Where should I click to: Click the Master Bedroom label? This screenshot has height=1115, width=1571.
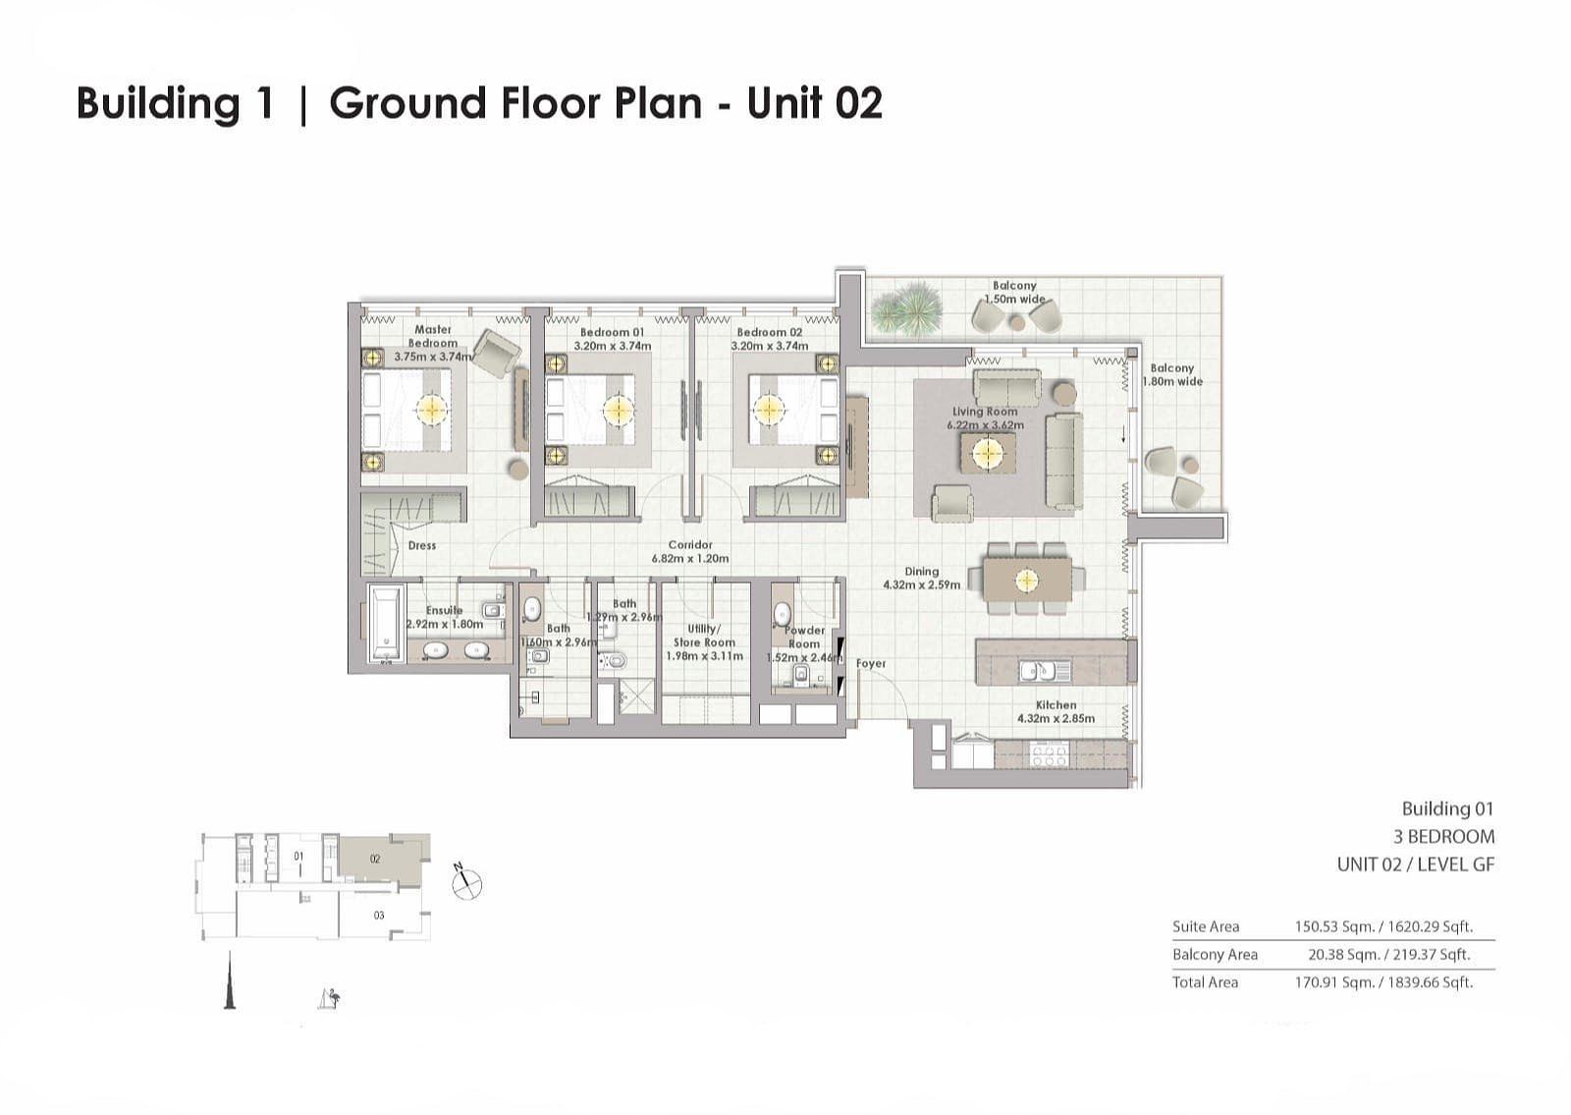click(433, 336)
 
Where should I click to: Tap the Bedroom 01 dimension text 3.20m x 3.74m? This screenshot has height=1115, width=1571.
click(612, 346)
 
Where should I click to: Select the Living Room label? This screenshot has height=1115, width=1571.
click(985, 413)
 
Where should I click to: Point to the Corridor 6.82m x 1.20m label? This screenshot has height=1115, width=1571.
click(690, 551)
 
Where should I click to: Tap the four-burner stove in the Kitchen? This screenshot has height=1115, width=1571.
click(1049, 755)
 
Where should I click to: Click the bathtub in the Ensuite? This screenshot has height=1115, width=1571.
click(386, 622)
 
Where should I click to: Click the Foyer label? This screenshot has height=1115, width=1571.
click(871, 664)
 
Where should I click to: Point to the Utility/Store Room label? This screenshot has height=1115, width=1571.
click(704, 636)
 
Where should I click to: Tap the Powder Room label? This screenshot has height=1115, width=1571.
click(804, 637)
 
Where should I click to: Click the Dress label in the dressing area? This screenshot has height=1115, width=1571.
click(422, 545)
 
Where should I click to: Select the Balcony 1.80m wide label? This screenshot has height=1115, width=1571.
click(1172, 374)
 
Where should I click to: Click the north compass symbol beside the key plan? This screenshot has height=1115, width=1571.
click(466, 883)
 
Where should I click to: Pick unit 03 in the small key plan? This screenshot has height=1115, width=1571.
click(379, 916)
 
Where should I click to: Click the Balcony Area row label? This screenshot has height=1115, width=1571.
click(1215, 954)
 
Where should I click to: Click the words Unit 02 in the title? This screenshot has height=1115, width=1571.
click(814, 103)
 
